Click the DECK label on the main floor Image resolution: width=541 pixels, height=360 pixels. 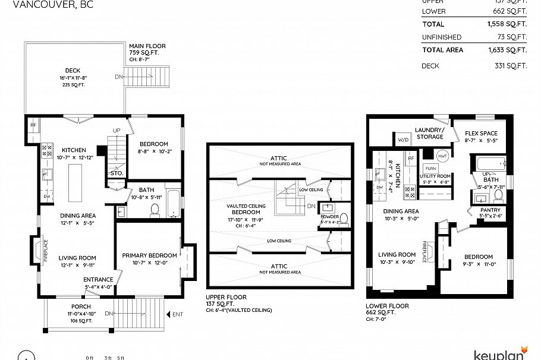pyautogui.click(x=73, y=71)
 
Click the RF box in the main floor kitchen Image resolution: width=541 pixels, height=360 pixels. pyautogui.click(x=33, y=125)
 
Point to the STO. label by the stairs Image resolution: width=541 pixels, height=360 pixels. pyautogui.click(x=116, y=173)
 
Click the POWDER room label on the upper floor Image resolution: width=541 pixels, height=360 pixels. pyautogui.click(x=329, y=217)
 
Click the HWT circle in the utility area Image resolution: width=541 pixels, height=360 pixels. pyautogui.click(x=442, y=156)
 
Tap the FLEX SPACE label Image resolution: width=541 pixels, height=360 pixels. pyautogui.click(x=480, y=133)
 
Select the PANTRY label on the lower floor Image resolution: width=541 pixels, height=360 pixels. pyautogui.click(x=490, y=210)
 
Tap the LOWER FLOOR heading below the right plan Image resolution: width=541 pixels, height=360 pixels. pyautogui.click(x=386, y=307)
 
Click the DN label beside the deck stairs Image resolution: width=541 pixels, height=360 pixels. pyautogui.click(x=119, y=77)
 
